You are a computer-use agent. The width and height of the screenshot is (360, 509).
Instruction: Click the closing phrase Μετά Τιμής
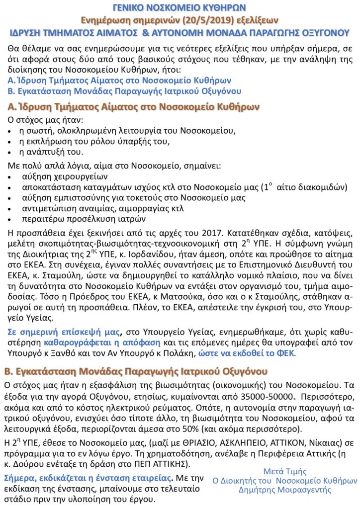click(x=284, y=471)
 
